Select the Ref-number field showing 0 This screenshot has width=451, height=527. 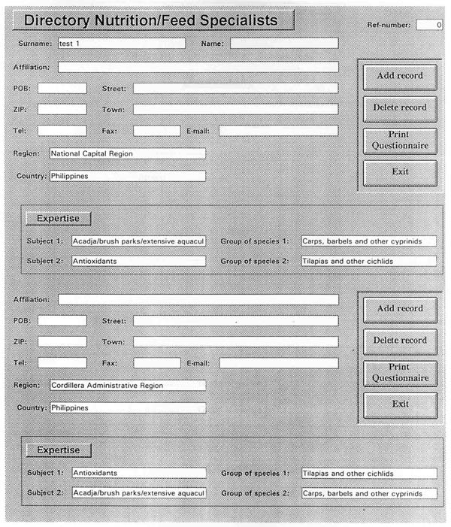click(x=428, y=25)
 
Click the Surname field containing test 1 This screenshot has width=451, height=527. click(x=121, y=44)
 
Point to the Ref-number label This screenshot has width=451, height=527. click(x=389, y=26)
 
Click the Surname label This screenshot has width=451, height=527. click(x=35, y=44)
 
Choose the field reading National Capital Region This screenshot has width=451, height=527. click(x=127, y=154)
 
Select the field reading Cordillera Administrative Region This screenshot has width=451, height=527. click(x=127, y=386)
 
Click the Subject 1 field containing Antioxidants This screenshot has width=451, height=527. click(x=138, y=474)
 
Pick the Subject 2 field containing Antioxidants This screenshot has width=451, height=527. click(x=138, y=261)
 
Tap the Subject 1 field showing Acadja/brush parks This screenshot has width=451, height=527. click(x=138, y=241)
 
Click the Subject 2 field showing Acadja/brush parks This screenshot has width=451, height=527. click(x=138, y=494)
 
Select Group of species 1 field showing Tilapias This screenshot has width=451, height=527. click(x=368, y=474)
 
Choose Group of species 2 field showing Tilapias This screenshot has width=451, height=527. click(x=368, y=261)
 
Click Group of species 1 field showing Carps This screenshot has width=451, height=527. click(x=368, y=241)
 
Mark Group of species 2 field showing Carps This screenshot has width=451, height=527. click(x=368, y=494)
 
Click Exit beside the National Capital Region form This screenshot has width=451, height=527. click(x=400, y=171)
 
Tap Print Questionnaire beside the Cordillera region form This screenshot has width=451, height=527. click(x=400, y=372)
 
